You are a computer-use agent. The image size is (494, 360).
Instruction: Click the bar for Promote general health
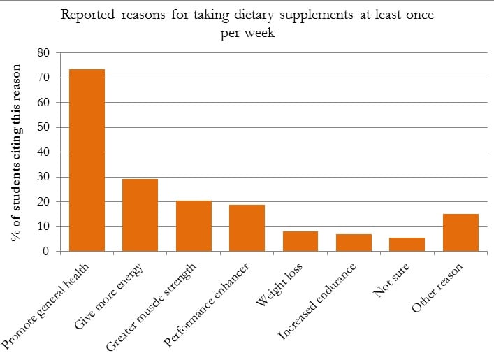[x=87, y=160]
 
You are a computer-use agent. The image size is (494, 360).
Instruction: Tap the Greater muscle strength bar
[x=194, y=226]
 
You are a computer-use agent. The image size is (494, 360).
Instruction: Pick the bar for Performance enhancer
[x=247, y=228]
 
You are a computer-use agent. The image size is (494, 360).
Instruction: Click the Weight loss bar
[x=300, y=241]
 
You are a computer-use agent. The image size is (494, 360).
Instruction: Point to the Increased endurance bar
[x=354, y=243]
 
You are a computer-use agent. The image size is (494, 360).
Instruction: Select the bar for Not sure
[x=407, y=244]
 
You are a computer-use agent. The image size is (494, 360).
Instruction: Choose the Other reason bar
[x=460, y=232]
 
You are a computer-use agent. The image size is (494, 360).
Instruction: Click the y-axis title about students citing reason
[x=16, y=152]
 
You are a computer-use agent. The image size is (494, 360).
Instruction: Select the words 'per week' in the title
[x=246, y=32]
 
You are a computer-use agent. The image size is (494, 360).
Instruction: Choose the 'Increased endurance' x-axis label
[x=319, y=301]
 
